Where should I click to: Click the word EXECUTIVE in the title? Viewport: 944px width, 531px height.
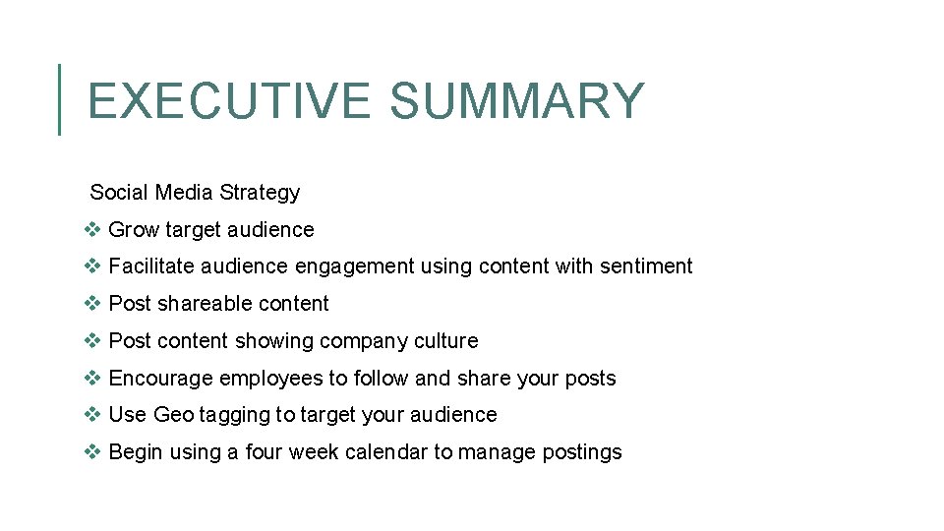(x=229, y=100)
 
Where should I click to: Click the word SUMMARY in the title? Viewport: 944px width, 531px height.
(x=516, y=100)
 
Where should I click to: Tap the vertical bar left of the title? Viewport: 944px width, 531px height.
(x=60, y=98)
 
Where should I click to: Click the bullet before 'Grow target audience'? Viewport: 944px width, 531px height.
(x=92, y=229)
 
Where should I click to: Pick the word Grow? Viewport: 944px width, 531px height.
(x=134, y=230)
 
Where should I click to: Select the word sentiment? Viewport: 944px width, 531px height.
(x=646, y=266)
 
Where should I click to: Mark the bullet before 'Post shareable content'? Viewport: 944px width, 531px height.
(x=92, y=303)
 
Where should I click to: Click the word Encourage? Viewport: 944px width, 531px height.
(x=161, y=379)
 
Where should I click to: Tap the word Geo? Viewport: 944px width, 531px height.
(x=174, y=415)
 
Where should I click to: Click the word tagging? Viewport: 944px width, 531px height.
(x=234, y=416)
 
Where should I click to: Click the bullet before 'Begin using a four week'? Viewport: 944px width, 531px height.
(x=92, y=451)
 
